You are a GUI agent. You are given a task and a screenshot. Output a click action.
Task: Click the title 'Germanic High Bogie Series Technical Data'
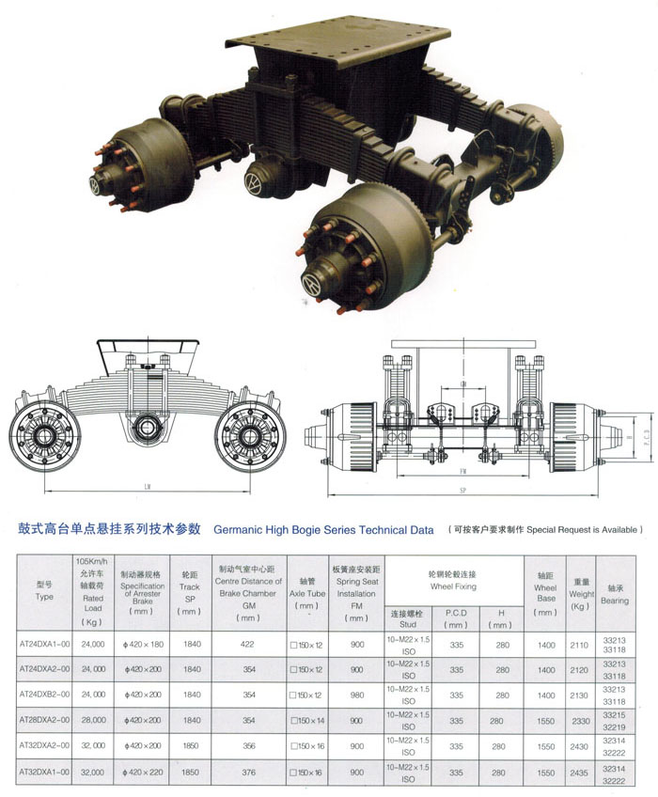point(324,530)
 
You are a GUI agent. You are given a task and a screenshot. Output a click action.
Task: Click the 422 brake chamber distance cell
point(249,644)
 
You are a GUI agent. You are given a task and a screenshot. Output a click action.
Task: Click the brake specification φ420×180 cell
point(142,644)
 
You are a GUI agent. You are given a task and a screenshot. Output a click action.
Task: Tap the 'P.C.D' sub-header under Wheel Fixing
point(456,617)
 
